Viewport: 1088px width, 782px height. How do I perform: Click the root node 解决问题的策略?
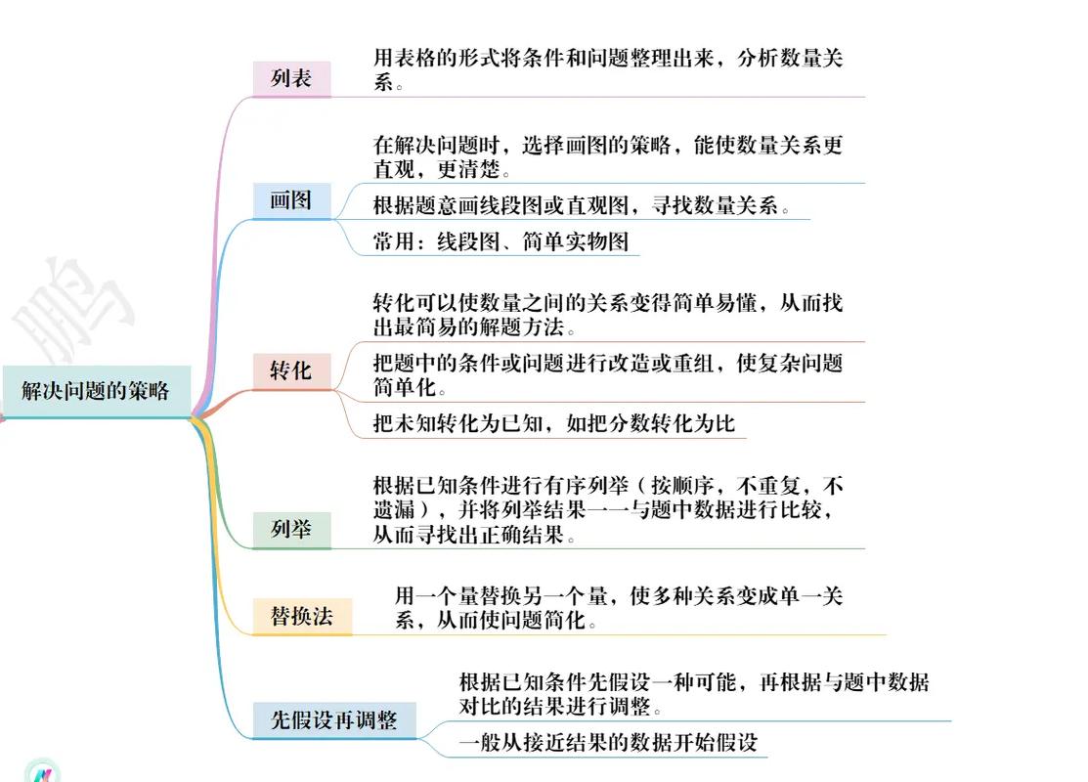97,391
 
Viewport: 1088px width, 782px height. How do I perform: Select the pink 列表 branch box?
291,78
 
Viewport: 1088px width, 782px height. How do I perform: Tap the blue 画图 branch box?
291,200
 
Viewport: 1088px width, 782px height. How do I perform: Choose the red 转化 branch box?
291,371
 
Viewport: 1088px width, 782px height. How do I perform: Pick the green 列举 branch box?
291,530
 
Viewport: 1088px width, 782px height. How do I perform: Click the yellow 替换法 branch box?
302,616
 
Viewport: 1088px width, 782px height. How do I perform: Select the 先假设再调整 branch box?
333,720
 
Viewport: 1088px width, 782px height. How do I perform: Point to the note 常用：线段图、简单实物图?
500,241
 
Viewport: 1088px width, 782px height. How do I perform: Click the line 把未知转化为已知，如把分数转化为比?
553,423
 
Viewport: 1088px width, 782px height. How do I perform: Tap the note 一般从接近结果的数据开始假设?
608,743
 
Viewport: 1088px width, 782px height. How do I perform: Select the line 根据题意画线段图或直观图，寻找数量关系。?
582,205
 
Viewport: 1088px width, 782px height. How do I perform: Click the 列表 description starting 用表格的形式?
608,69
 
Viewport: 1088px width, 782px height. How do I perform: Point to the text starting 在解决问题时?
608,156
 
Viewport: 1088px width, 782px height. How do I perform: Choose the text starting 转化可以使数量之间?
608,315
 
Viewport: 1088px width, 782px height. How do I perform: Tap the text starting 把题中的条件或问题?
608,374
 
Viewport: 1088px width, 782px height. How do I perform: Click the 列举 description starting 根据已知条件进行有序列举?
608,509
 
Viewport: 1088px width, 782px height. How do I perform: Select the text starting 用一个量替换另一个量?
619,607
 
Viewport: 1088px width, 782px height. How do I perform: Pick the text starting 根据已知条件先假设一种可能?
694,694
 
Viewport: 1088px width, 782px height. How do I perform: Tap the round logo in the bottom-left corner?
43,770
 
